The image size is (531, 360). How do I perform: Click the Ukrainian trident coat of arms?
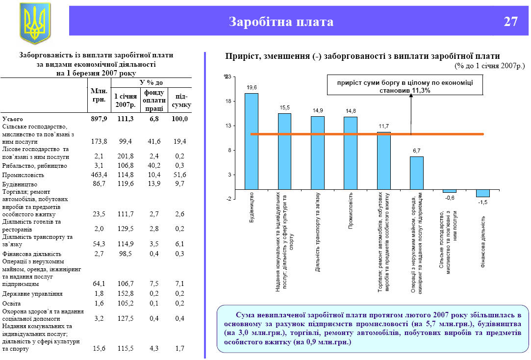[x=35, y=23]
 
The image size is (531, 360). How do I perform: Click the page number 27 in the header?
[x=510, y=22]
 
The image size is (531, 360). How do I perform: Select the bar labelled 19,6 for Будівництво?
[x=252, y=141]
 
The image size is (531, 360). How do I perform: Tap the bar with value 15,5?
[x=285, y=151]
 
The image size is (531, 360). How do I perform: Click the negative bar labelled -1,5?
[x=482, y=193]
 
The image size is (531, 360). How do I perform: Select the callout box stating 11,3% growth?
[x=405, y=86]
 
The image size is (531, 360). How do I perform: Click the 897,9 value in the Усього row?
[x=99, y=119]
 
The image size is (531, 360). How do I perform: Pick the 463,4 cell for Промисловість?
[x=99, y=175]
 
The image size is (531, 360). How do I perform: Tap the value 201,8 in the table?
[x=126, y=157]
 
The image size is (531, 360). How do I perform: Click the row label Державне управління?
[x=32, y=294]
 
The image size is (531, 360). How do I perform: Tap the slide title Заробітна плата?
[x=281, y=22]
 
